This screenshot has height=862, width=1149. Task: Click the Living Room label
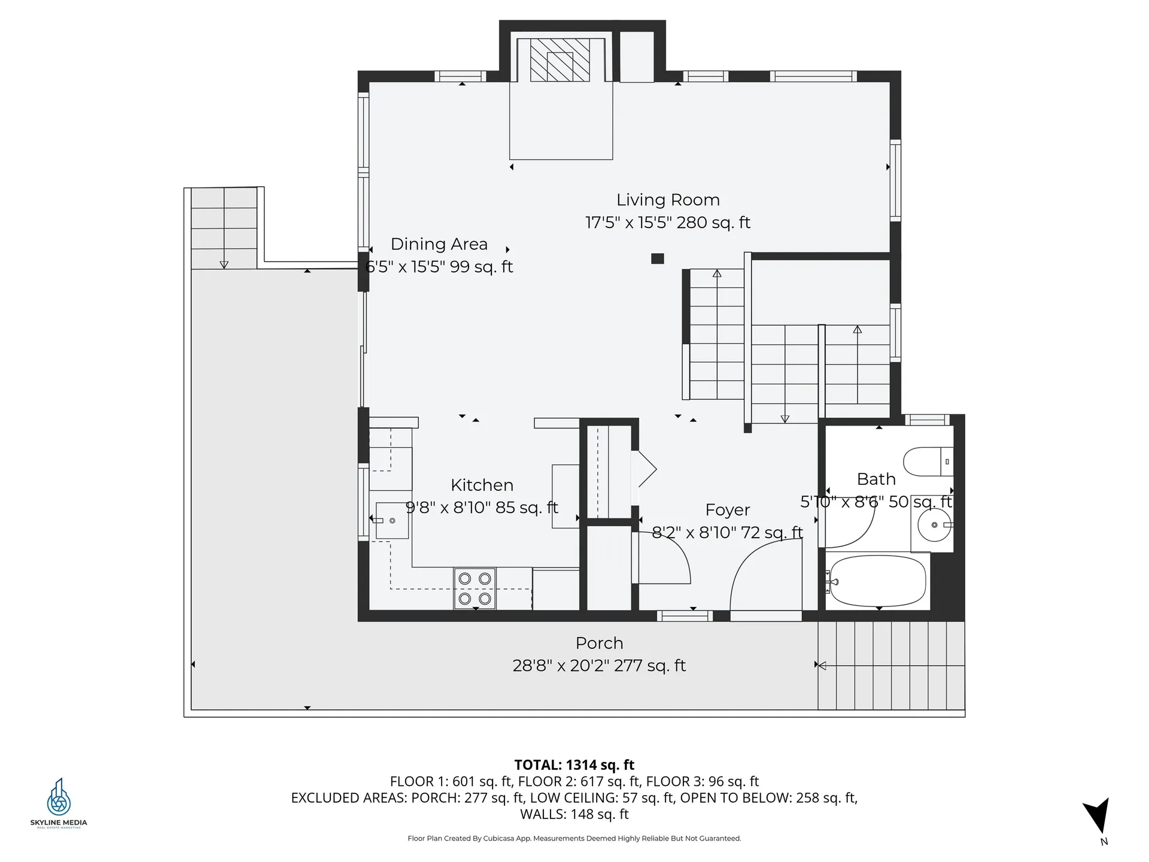pyautogui.click(x=668, y=200)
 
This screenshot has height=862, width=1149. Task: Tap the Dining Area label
pyautogui.click(x=439, y=244)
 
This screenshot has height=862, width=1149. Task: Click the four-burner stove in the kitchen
pyautogui.click(x=475, y=588)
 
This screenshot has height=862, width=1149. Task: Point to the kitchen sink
pyautogui.click(x=391, y=521)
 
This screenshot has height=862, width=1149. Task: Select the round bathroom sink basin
pyautogui.click(x=934, y=525)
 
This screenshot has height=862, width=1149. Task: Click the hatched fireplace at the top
pyautogui.click(x=560, y=60)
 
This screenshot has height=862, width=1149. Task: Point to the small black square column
pyautogui.click(x=657, y=259)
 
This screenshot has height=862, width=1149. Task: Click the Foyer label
pyautogui.click(x=727, y=510)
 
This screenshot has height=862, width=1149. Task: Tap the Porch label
pyautogui.click(x=599, y=644)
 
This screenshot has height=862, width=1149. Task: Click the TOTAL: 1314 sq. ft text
pyautogui.click(x=574, y=765)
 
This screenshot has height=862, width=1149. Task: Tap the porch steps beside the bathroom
pyautogui.click(x=891, y=666)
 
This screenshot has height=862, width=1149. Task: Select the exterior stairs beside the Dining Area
pyautogui.click(x=224, y=227)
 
